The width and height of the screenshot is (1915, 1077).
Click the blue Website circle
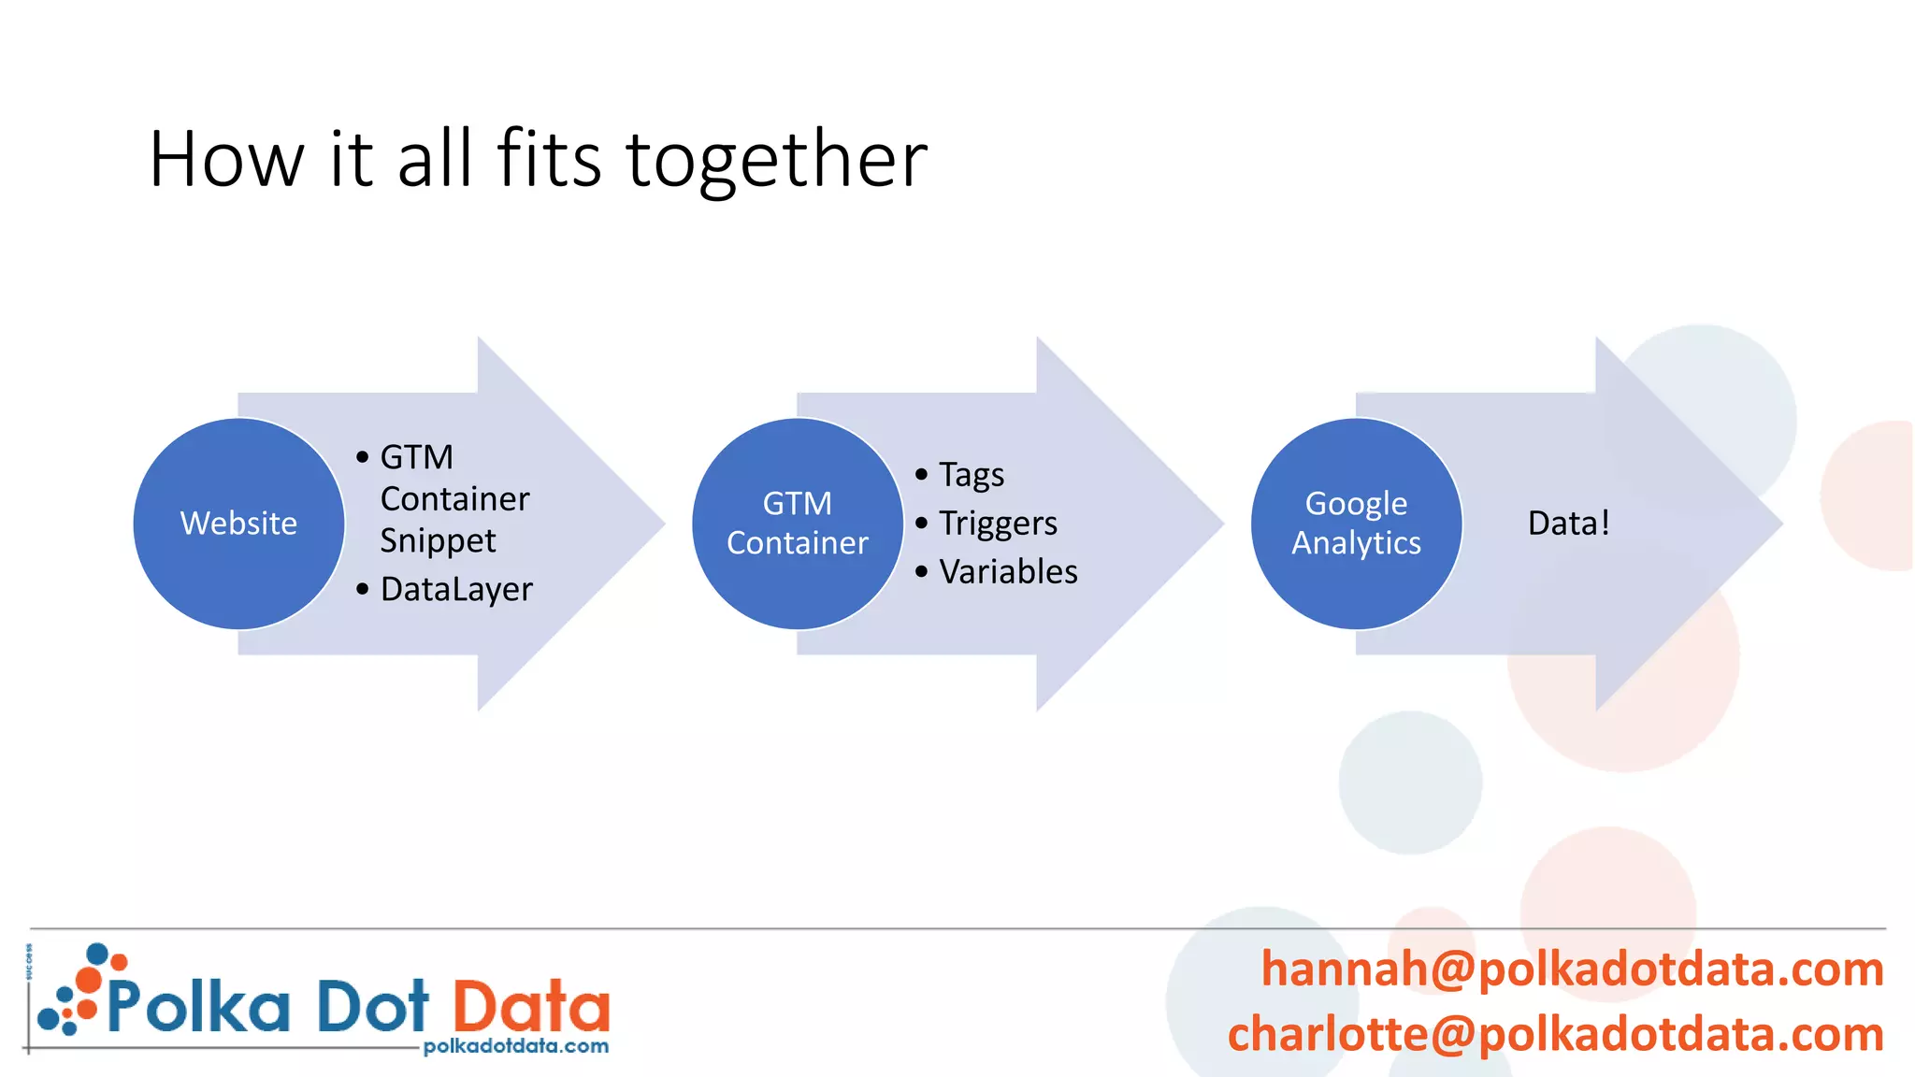238,524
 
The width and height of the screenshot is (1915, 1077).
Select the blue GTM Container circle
798,524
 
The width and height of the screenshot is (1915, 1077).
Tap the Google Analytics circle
1356,524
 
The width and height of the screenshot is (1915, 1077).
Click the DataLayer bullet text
456,590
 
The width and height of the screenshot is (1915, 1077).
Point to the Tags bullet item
972,475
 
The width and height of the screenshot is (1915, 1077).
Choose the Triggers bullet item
998,524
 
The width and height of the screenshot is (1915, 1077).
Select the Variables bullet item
1008,572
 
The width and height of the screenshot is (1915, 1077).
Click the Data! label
1568,524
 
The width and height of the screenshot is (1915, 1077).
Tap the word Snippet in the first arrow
438,541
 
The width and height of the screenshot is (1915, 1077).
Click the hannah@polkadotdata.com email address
1572,969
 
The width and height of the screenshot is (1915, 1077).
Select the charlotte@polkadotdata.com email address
1555,1034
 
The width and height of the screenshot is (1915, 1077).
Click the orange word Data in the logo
531,1006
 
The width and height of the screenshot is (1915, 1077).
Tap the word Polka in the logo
198,1006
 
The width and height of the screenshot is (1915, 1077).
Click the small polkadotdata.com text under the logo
515,1046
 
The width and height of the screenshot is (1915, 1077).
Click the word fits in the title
549,159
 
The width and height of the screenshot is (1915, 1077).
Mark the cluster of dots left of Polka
75,991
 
